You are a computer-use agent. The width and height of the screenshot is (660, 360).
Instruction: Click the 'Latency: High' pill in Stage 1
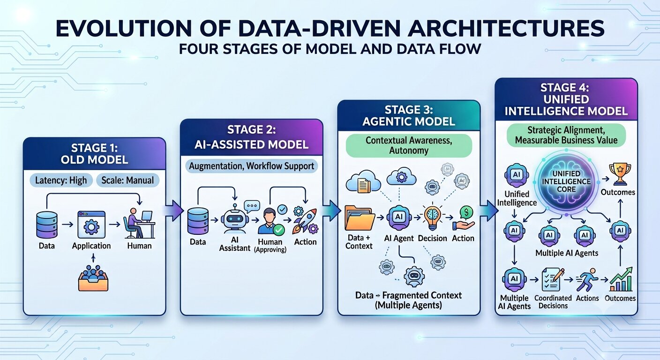tap(61, 180)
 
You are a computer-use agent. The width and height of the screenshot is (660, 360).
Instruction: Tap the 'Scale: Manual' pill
tap(127, 180)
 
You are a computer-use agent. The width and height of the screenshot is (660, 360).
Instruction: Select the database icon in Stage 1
tap(47, 225)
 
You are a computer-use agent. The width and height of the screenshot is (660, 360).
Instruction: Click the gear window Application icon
tap(91, 225)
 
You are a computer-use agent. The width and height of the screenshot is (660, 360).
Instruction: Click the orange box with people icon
tap(93, 278)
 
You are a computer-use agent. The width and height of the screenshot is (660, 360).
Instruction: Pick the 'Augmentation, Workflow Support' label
tap(252, 166)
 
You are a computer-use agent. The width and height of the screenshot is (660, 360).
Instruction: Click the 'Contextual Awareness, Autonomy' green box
tap(409, 145)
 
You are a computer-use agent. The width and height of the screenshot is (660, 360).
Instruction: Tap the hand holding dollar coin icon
tap(464, 218)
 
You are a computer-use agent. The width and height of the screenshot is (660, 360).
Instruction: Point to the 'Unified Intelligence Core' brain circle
tap(566, 181)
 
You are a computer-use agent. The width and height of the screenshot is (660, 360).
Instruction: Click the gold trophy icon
tap(620, 174)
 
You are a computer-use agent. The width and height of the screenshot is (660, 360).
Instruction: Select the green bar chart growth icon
tap(621, 279)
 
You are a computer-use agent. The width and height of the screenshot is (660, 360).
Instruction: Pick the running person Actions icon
tap(587, 280)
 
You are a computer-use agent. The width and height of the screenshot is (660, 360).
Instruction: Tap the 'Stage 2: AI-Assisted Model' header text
tap(251, 137)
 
